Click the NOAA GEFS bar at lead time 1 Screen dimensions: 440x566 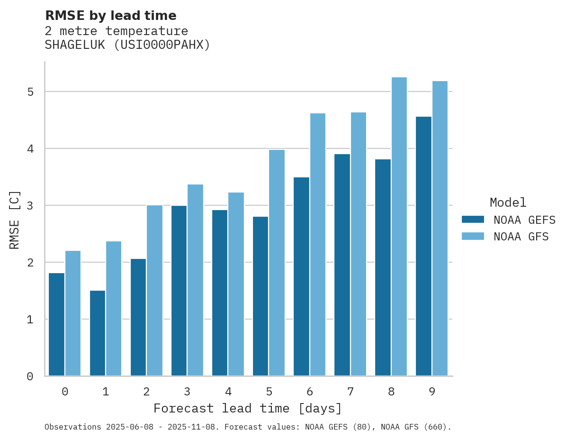click(x=98, y=333)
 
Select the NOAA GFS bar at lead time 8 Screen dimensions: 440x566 click(x=399, y=227)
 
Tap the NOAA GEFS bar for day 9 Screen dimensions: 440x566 click(x=424, y=246)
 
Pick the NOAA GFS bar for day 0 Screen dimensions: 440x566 click(x=73, y=313)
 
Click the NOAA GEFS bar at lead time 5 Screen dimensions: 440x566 click(x=261, y=296)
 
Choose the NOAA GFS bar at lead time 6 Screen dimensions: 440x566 click(x=318, y=245)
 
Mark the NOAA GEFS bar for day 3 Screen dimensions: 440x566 click(x=179, y=291)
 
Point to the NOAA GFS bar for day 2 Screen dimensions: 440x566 click(x=154, y=291)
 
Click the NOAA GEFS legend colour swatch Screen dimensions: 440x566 click(x=473, y=220)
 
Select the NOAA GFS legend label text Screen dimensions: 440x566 click(x=521, y=237)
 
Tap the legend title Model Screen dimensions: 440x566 click(x=508, y=202)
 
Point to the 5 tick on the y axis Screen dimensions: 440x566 click(x=30, y=92)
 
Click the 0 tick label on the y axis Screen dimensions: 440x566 click(x=30, y=376)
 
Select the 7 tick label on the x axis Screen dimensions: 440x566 click(x=350, y=392)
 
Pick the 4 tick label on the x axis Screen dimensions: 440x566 click(x=228, y=392)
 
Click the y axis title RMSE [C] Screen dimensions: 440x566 click(x=15, y=220)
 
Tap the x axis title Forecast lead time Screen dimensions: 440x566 click(x=247, y=408)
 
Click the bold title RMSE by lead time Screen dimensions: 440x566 click(x=110, y=16)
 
